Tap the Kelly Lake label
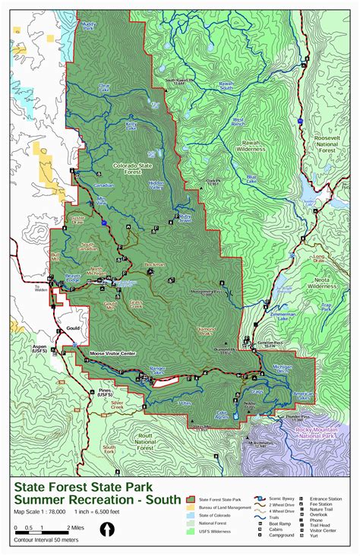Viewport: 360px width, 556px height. click(131, 125)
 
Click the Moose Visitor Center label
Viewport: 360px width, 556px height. click(112, 353)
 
